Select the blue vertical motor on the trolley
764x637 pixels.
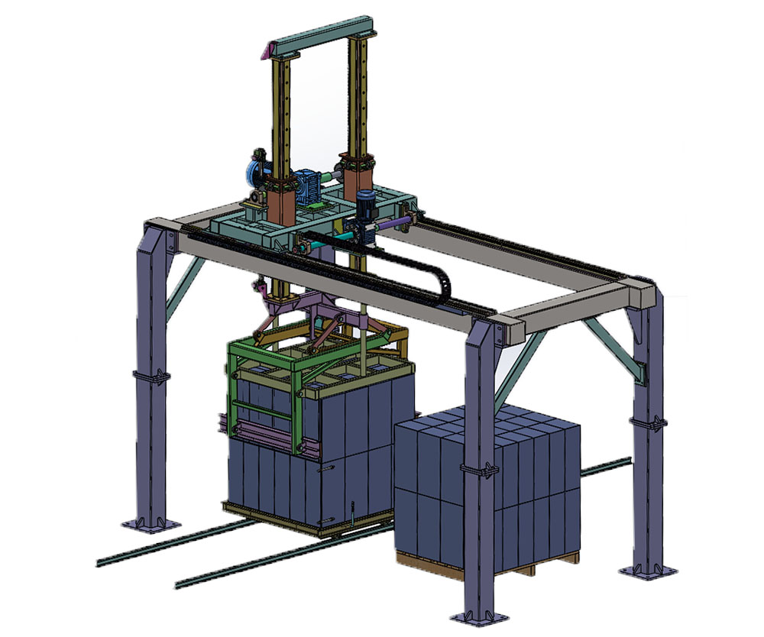pyautogui.click(x=366, y=202)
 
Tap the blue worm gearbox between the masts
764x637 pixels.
pyautogui.click(x=310, y=187)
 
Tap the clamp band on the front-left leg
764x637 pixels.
pyautogui.click(x=151, y=377)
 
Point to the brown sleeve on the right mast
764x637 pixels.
pyautogui.click(x=359, y=172)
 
